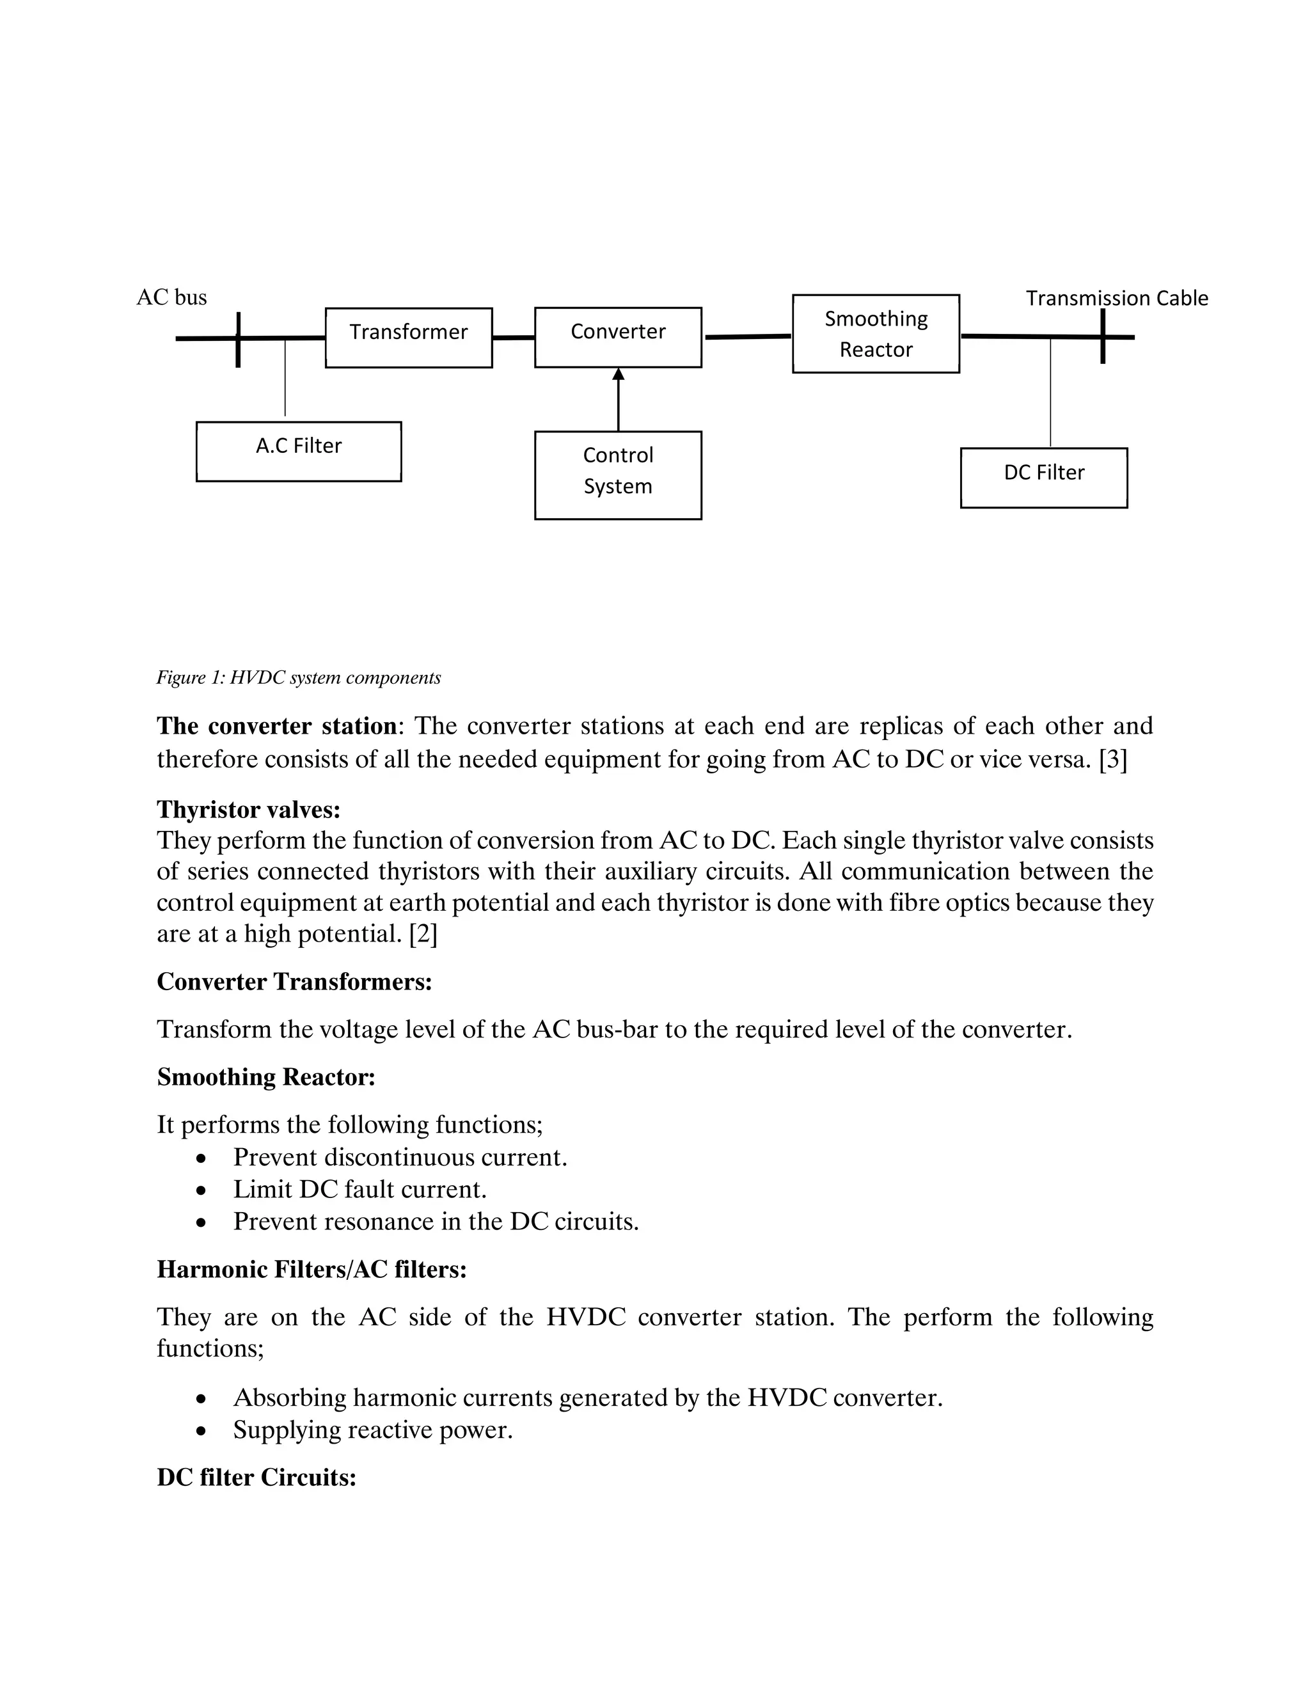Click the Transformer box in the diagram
(x=408, y=338)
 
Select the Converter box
(x=618, y=337)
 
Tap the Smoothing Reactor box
(x=876, y=334)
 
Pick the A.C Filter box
(x=299, y=451)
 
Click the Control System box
(x=618, y=475)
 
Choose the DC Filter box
(x=1043, y=477)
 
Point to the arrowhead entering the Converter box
(x=619, y=375)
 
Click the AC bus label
(x=171, y=297)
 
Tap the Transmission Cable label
(x=1116, y=298)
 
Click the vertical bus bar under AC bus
(x=238, y=340)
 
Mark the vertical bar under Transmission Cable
(x=1102, y=336)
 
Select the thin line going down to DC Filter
(x=1050, y=392)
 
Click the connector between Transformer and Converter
(x=513, y=338)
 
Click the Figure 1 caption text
(x=299, y=677)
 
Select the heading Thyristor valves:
(x=248, y=810)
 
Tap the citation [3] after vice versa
(x=1113, y=759)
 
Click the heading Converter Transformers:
(x=294, y=982)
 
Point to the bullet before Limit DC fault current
(x=201, y=1190)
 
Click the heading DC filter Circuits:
(x=256, y=1477)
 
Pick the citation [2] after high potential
(x=423, y=934)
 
